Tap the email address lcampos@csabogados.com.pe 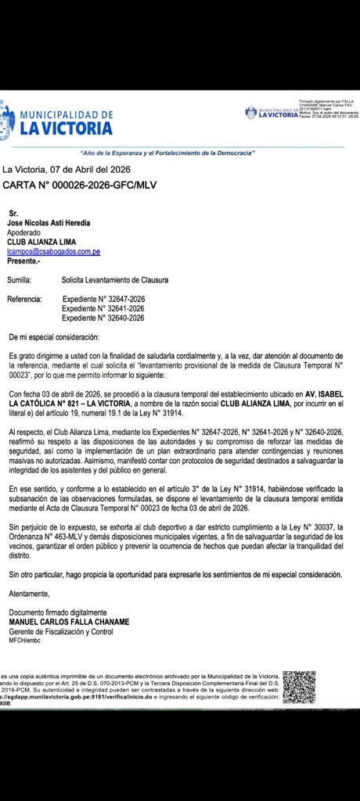[53, 252]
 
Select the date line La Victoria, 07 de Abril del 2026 [67, 169]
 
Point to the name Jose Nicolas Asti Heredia [54, 223]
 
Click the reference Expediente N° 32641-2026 [103, 309]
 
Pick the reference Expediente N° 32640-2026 [103, 318]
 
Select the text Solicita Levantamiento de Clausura [115, 279]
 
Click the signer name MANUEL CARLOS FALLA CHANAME [69, 622]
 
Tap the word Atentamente [29, 594]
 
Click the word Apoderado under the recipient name [26, 233]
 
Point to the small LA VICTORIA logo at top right [270, 113]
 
